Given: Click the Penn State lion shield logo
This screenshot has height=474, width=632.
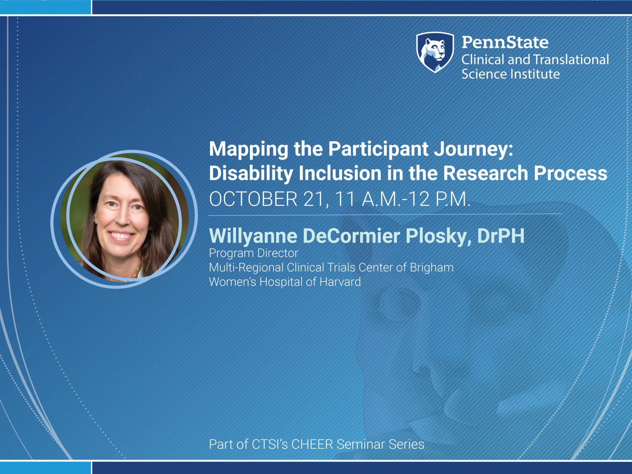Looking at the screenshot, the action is (x=435, y=52).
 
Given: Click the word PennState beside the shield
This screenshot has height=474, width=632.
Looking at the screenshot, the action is (x=505, y=42).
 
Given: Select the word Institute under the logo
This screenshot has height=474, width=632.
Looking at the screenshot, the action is (x=535, y=74).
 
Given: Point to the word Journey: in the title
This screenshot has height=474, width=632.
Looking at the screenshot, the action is (x=473, y=150).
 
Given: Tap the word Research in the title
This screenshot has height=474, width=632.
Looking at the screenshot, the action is (x=485, y=173).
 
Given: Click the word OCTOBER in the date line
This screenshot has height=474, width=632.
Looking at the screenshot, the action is (x=253, y=199).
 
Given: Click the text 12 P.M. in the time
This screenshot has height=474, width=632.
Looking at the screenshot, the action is (x=439, y=199).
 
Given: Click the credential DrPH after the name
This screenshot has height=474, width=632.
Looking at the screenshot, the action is (x=501, y=236).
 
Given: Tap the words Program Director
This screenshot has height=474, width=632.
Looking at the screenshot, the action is (x=253, y=253).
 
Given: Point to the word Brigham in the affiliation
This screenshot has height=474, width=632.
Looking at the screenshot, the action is (x=431, y=268).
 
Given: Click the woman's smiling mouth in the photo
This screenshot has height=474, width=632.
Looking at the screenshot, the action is (x=121, y=236).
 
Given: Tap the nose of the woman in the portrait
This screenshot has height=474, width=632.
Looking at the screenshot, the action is (x=123, y=219).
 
